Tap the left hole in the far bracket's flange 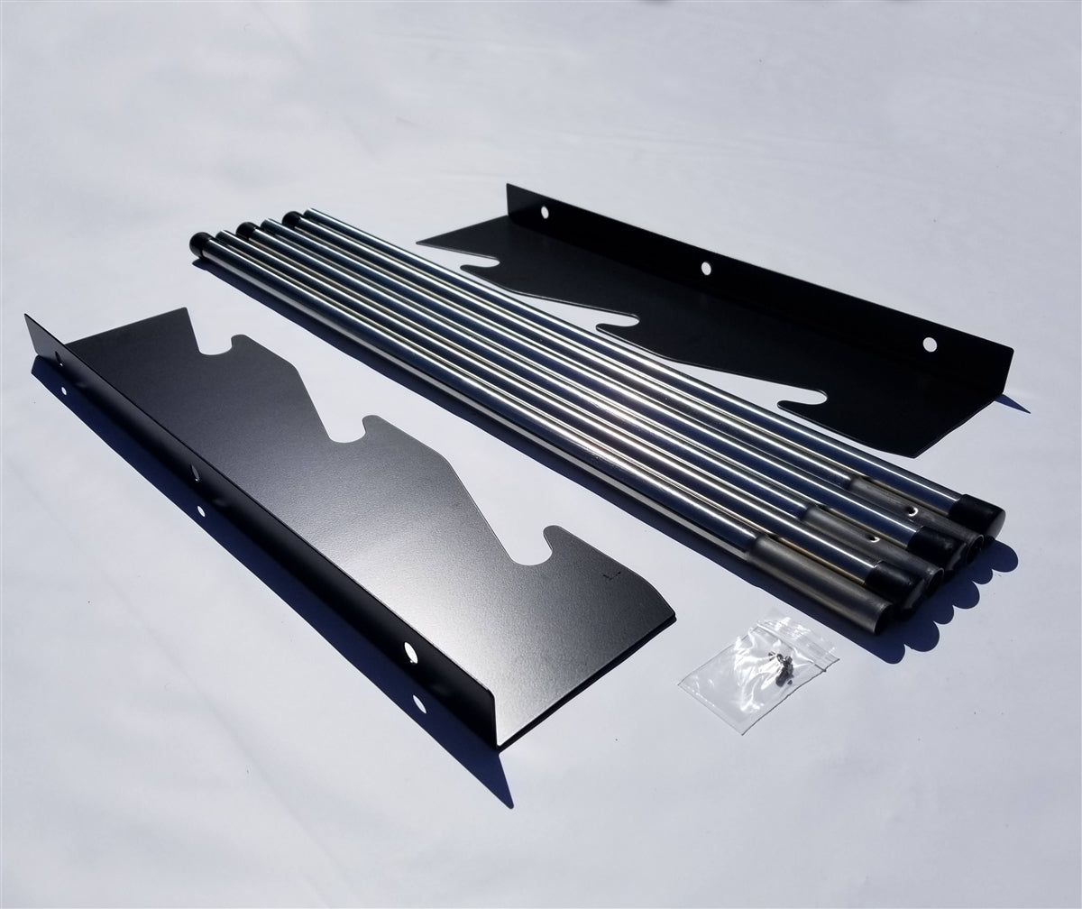pyautogui.click(x=543, y=213)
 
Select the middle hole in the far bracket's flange pyautogui.click(x=705, y=268)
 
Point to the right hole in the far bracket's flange pyautogui.click(x=930, y=344)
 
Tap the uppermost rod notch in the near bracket pyautogui.click(x=234, y=347)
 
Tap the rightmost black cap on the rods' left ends pyautogui.click(x=292, y=219)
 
